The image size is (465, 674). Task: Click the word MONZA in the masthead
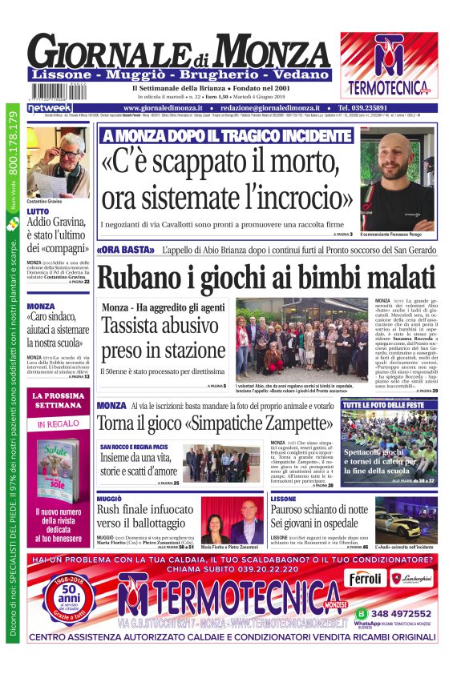(273, 53)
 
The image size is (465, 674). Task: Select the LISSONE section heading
(283, 499)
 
